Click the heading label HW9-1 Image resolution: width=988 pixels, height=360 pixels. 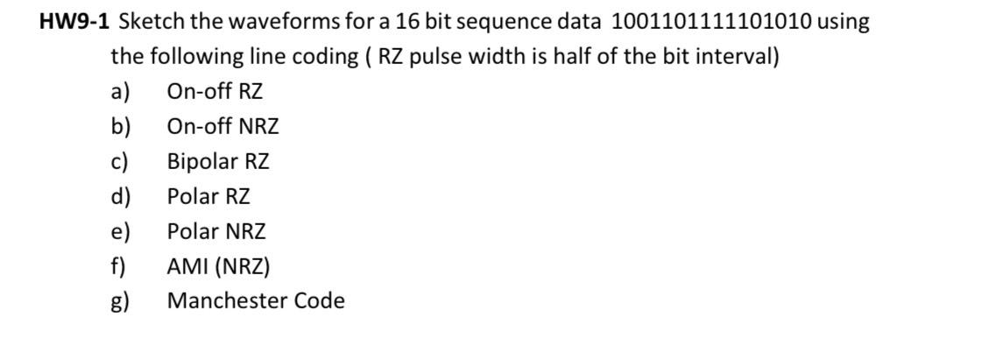click(x=74, y=23)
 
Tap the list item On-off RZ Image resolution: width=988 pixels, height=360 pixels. click(x=215, y=92)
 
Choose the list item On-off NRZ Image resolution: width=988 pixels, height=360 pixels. click(x=223, y=127)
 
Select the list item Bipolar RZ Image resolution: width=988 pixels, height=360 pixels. click(x=218, y=162)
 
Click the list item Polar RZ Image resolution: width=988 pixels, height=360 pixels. click(x=208, y=197)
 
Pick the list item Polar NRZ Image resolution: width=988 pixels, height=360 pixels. click(x=216, y=232)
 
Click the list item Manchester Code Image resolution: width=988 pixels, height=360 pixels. click(x=256, y=301)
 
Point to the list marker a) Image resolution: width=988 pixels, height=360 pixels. click(x=120, y=92)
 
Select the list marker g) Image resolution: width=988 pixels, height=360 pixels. click(x=120, y=302)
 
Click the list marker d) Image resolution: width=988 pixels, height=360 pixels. click(x=120, y=197)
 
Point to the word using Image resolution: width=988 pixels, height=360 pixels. click(x=843, y=23)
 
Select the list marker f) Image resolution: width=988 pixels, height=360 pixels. click(x=118, y=266)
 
